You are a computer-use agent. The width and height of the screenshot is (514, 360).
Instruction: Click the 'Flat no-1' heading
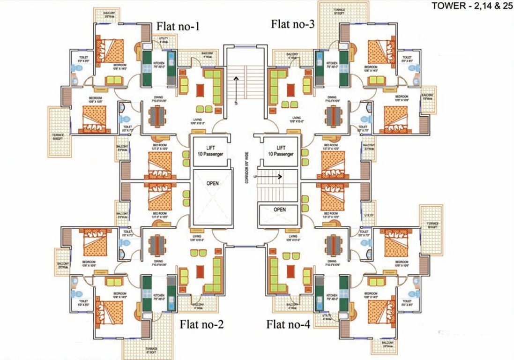pos(178,26)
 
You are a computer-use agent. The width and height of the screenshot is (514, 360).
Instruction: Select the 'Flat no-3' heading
pos(292,24)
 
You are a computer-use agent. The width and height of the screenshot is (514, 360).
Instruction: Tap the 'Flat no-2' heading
pos(201,323)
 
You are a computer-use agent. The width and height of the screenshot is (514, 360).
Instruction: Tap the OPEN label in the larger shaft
pos(212,183)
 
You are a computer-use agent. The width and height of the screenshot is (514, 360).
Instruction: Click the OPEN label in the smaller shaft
pos(280,210)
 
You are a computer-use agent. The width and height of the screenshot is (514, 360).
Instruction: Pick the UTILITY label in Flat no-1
pos(164,41)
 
